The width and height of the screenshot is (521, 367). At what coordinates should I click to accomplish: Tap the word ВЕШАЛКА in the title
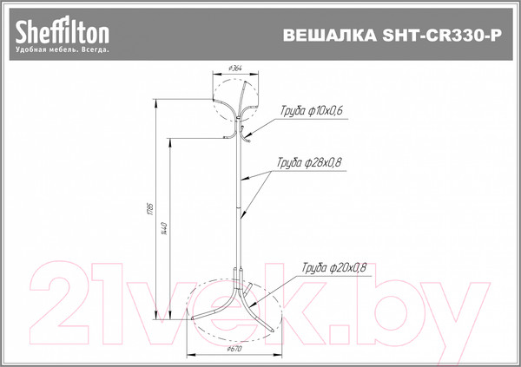326,36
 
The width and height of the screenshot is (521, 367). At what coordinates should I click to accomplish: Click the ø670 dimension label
233,349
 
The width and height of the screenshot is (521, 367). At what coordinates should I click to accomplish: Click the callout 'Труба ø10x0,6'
312,111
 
